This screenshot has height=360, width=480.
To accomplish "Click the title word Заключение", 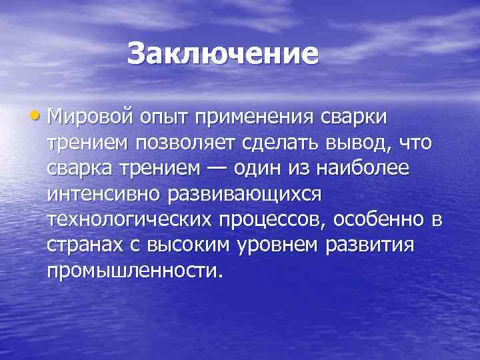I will [223, 53].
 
